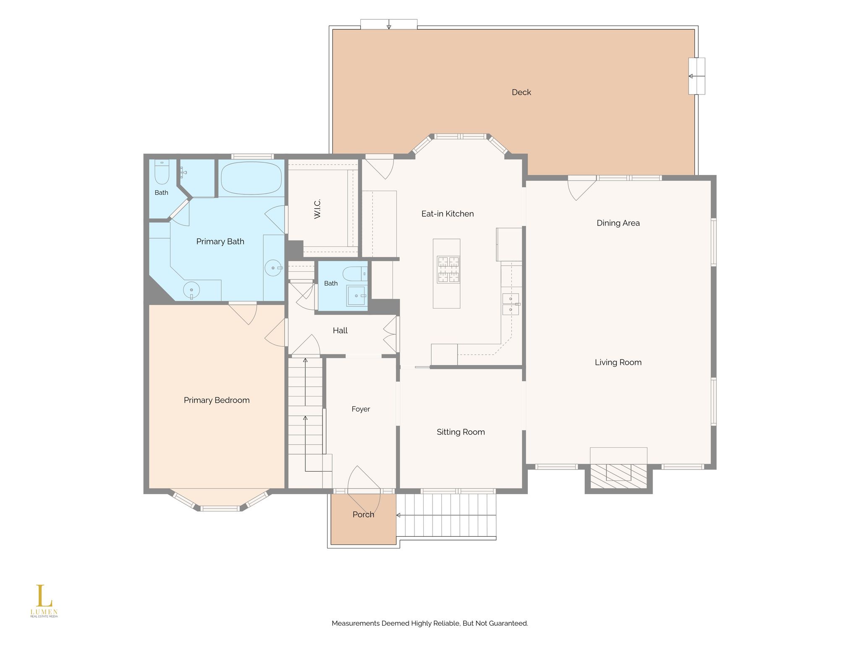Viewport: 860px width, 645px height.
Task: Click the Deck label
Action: (x=521, y=92)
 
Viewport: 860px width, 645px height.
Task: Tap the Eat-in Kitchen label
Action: (x=447, y=214)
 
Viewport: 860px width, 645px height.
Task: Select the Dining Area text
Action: (x=618, y=223)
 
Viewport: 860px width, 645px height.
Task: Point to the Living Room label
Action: (x=618, y=362)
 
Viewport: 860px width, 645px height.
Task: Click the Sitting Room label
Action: (x=461, y=432)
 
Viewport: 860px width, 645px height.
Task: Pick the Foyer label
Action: (x=361, y=409)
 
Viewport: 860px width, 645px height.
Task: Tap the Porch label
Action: (x=363, y=514)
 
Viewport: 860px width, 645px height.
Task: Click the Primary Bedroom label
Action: (x=217, y=400)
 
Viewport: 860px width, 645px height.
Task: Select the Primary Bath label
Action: (x=220, y=241)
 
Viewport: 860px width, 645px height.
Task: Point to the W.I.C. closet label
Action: (x=317, y=209)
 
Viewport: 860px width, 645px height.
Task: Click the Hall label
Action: (x=340, y=330)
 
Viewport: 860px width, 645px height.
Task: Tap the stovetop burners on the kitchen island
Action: (x=448, y=270)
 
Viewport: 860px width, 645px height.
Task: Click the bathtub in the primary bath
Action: (x=251, y=178)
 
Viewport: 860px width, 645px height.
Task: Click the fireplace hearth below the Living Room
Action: (x=619, y=476)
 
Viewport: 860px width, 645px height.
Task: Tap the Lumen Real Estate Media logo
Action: (x=44, y=601)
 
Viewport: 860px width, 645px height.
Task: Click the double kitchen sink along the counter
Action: (x=511, y=304)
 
